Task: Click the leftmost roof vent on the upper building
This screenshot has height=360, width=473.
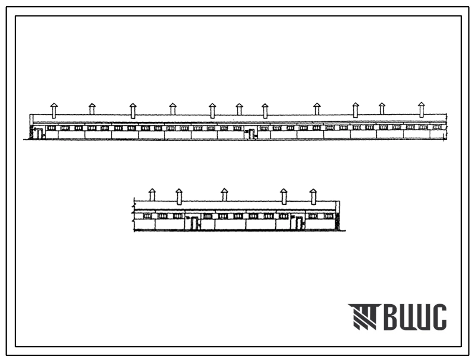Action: pos(53,110)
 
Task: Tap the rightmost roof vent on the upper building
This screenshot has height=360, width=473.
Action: pos(421,109)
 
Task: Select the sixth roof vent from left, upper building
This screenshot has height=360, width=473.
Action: pos(239,109)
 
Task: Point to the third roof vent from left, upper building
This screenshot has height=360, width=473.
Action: pos(133,111)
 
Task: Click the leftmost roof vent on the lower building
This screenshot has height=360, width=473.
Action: pos(152,194)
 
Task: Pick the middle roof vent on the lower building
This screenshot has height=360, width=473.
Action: pos(224,194)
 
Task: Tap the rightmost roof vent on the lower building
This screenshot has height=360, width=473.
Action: pos(313,196)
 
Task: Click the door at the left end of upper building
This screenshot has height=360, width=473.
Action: pos(39,134)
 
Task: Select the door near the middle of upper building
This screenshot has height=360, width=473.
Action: pos(252,134)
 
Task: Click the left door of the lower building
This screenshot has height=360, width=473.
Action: pos(194,223)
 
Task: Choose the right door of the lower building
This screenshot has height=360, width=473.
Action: pos(299,223)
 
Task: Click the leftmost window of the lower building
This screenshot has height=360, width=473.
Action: pos(147,216)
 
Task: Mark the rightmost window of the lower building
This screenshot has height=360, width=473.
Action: pos(329,216)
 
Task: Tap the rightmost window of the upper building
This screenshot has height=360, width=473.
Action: pos(436,127)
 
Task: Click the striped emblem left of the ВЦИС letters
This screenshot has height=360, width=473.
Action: pos(364,317)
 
